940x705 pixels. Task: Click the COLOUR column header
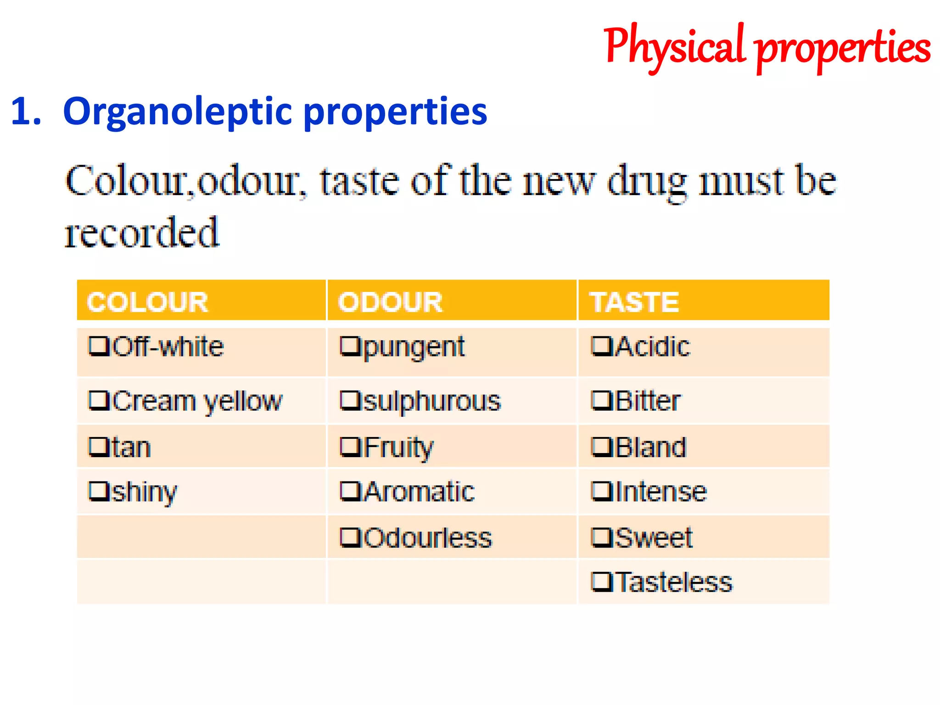coord(147,302)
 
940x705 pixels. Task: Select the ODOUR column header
coord(390,302)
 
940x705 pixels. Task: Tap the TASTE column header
coord(635,302)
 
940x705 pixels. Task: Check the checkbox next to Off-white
coord(99,347)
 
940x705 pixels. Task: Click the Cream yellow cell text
coord(197,401)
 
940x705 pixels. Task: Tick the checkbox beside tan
coord(99,447)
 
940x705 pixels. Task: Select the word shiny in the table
coord(144,492)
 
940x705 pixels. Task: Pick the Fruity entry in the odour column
coord(398,447)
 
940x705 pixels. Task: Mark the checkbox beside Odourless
coord(350,537)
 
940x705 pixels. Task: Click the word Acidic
coord(653,347)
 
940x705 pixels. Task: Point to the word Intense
coord(661,492)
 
